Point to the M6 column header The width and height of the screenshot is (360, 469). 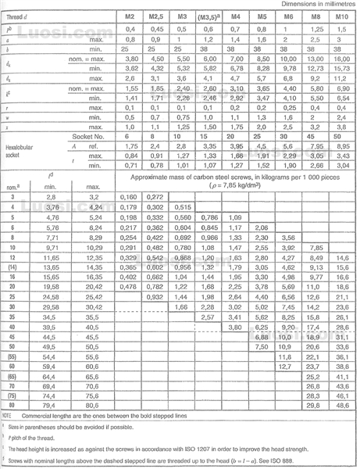point(289,16)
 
